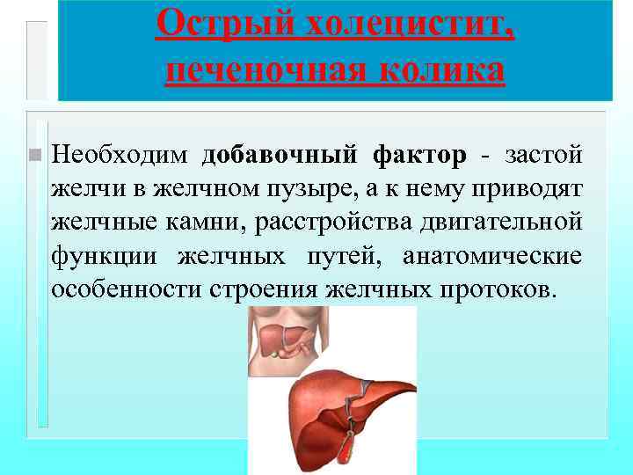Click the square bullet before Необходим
click(33, 155)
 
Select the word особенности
click(126, 289)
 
